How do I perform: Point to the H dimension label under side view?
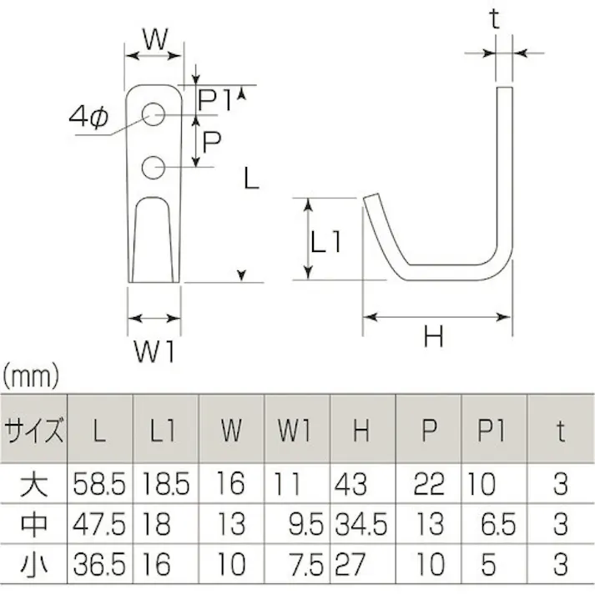coord(434,337)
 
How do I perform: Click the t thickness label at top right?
coord(495,19)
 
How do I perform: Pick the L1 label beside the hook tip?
coord(326,242)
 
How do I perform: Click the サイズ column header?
coord(34,432)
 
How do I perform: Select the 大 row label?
coord(34,483)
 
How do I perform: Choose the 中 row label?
coord(34,524)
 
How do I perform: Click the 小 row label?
coord(34,565)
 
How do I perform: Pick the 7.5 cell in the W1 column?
coord(310,565)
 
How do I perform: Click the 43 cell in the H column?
coord(350,483)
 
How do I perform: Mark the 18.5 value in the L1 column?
coord(166,483)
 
